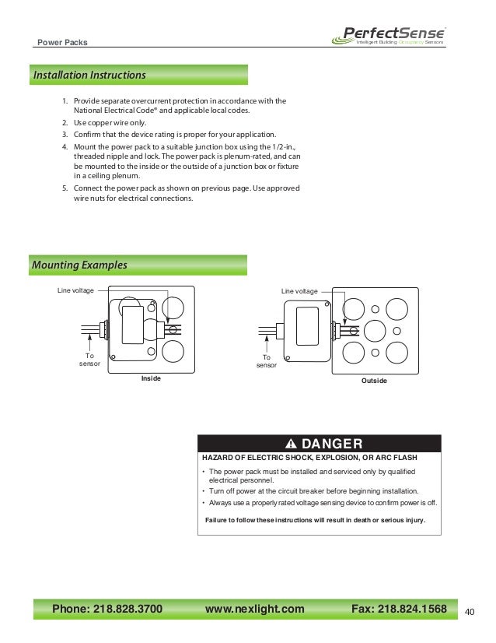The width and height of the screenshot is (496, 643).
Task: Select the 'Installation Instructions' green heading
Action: coord(89,76)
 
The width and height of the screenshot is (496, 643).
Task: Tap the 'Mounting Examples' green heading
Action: coord(79,265)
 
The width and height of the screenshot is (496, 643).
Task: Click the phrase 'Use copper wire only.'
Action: coord(109,124)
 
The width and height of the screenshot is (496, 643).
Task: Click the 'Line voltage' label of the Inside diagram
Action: coord(75,290)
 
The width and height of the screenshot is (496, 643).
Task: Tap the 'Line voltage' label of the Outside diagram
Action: coord(299,291)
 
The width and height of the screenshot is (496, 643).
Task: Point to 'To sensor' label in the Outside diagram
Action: coord(266,360)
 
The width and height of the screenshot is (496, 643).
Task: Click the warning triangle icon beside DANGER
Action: coord(291,444)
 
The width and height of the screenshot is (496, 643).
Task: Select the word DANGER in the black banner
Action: coord(331,444)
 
